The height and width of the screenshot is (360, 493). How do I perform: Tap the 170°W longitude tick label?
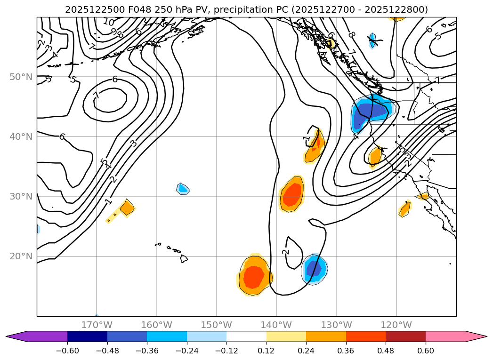coord(97,325)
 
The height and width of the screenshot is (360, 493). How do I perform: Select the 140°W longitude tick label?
coord(276,325)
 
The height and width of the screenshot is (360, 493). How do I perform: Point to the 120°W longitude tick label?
coord(396,325)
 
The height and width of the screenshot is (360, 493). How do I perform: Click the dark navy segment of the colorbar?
coord(87,336)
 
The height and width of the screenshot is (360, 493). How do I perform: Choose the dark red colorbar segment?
coord(405,336)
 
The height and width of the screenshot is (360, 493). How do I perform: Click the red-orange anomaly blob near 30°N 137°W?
coord(292,194)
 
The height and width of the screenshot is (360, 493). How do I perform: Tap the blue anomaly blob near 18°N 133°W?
coord(314,269)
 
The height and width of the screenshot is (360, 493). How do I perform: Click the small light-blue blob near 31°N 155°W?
coord(183,189)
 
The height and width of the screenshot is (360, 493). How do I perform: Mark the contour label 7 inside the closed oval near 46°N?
coord(97,95)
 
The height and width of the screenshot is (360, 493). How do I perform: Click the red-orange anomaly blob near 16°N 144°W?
coord(254,278)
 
